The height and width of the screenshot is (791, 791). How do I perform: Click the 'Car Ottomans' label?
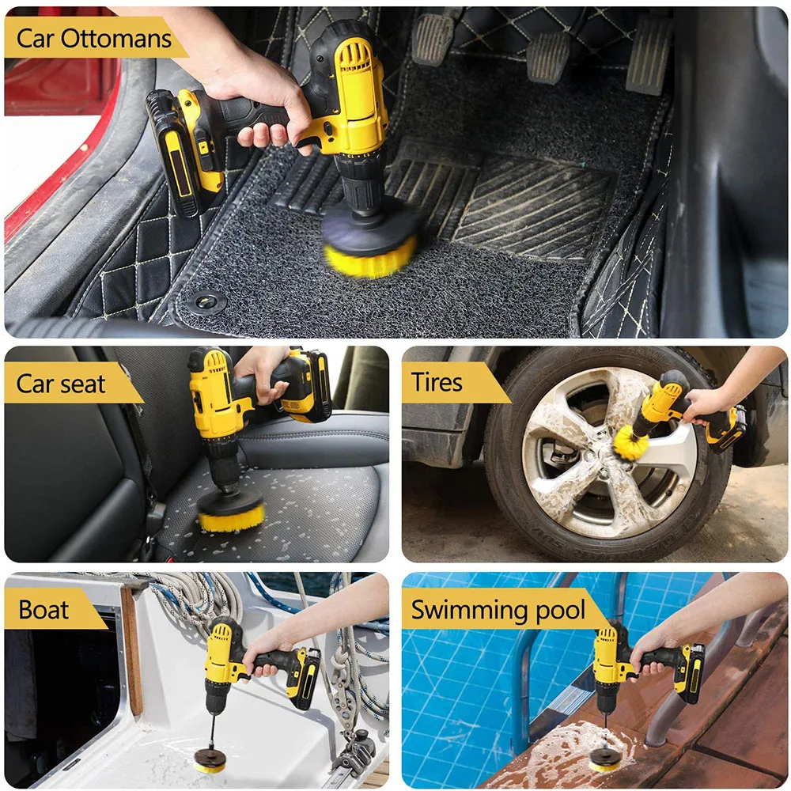point(93,38)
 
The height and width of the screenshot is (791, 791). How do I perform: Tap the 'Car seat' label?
point(62,384)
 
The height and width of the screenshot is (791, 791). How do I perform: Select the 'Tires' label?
point(437,383)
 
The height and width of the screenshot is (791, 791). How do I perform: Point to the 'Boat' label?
point(44,609)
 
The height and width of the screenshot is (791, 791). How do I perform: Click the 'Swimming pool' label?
point(498,610)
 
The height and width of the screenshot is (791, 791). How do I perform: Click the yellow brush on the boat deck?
point(212,765)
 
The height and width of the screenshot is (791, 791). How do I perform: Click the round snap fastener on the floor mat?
point(207,301)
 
